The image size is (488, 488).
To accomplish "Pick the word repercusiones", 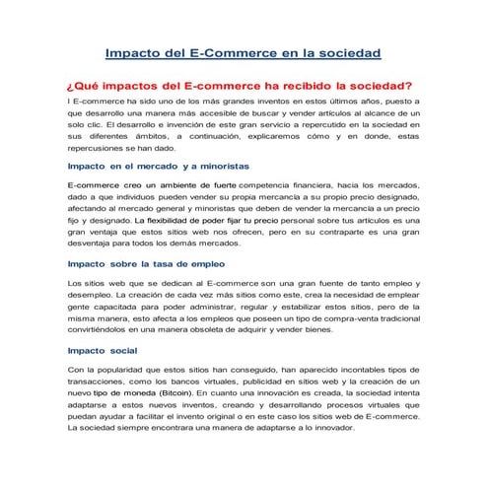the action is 97,155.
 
